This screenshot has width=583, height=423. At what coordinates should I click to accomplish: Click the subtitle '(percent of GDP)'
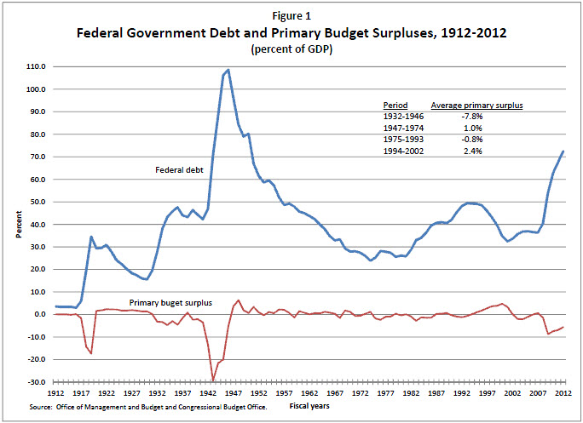coord(292,50)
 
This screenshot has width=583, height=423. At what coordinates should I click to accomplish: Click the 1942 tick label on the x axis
coord(208,394)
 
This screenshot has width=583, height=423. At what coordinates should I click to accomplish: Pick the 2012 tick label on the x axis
coord(563,394)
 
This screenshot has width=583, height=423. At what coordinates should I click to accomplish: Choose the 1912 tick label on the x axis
coord(55,394)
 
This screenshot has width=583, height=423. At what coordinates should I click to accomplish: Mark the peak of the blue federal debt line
coord(228,70)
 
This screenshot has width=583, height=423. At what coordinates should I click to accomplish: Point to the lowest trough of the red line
coord(213,380)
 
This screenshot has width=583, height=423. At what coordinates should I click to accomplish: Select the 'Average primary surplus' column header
coord(476,105)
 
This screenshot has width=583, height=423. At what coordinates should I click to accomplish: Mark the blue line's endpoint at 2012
coord(563,151)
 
